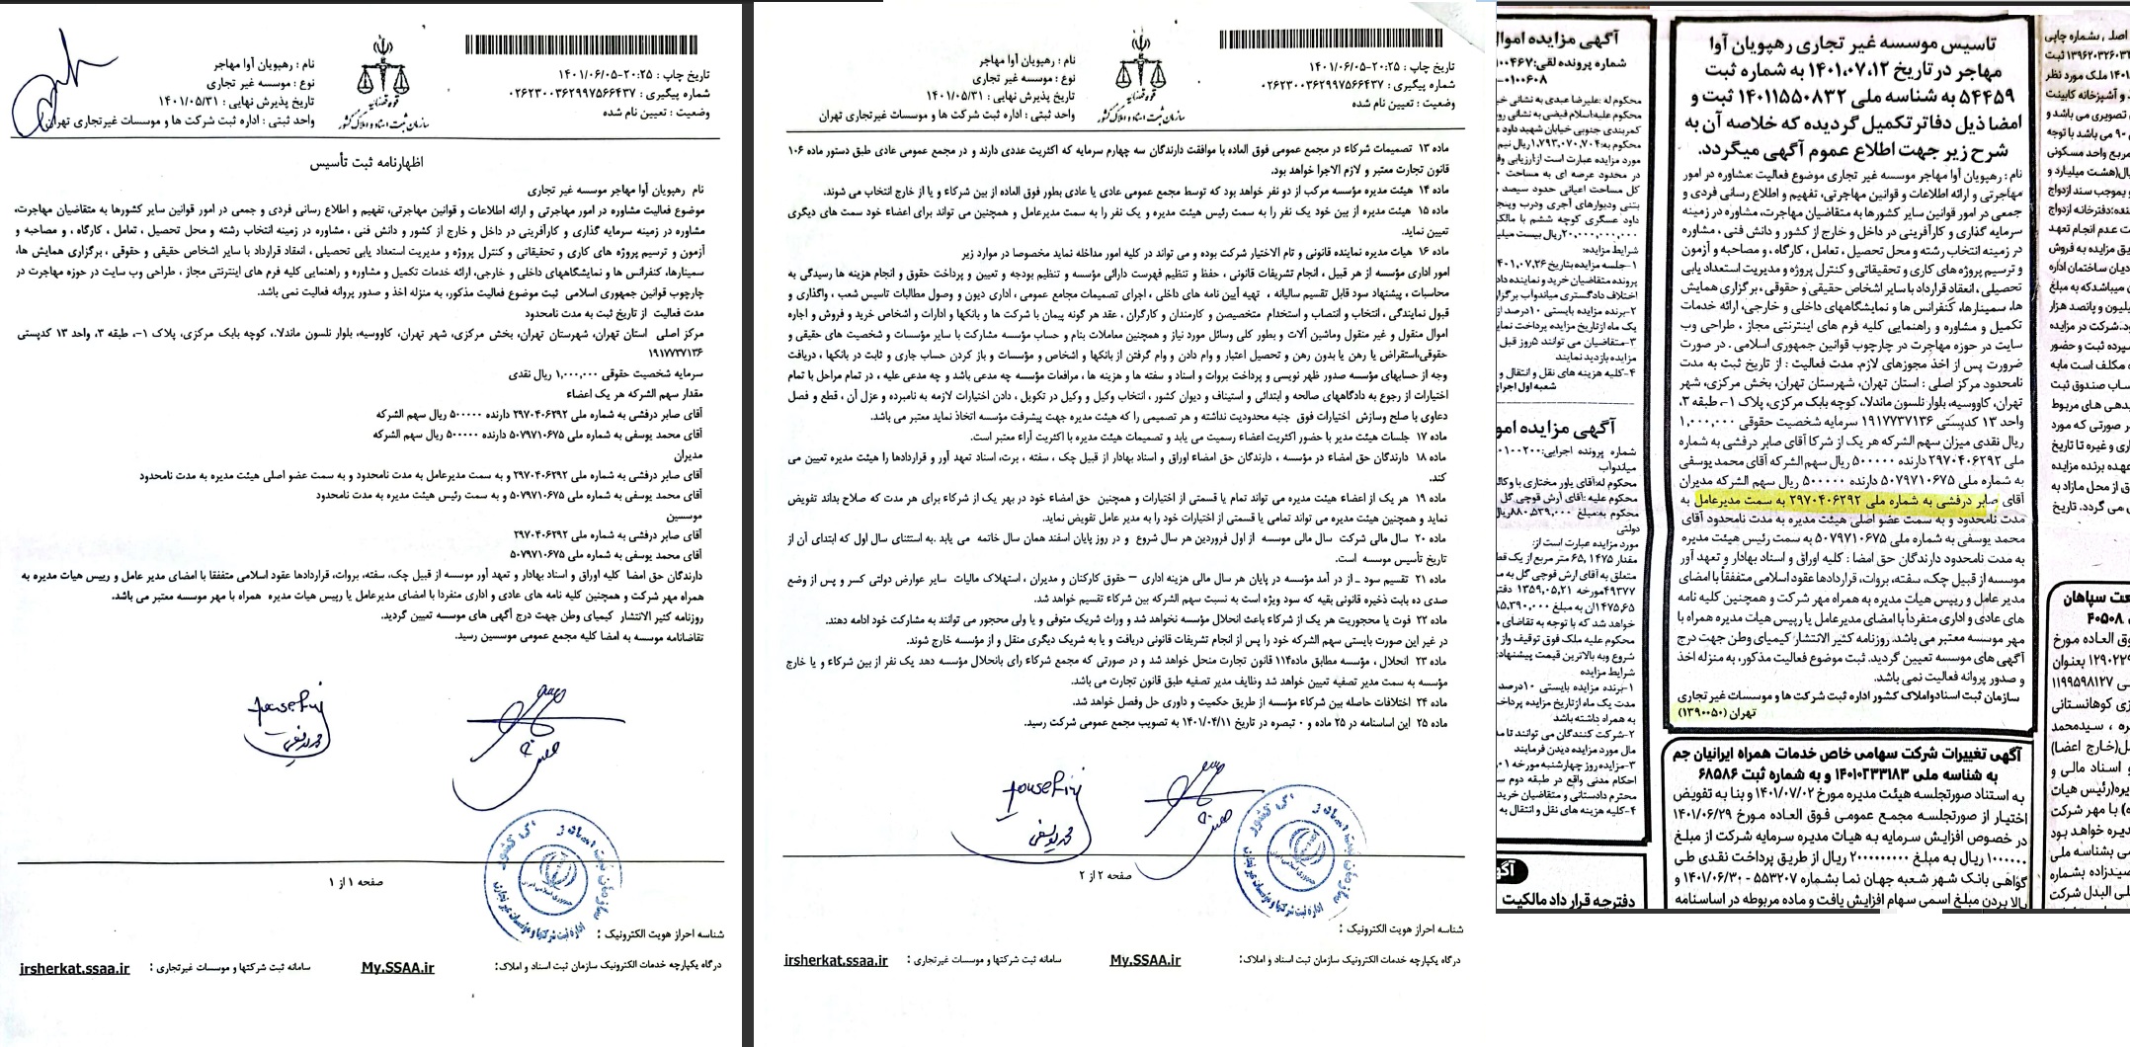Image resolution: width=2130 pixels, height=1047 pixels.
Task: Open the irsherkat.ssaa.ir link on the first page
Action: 74,968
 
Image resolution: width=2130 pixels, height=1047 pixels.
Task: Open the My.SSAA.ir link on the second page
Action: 1145,960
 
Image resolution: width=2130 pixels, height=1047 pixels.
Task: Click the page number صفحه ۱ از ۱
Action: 357,882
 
